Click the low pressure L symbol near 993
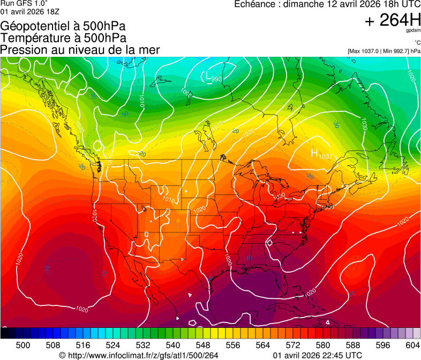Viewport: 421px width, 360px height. tap(208, 77)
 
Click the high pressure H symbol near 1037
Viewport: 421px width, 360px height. tap(315, 153)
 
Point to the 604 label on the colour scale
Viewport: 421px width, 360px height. tap(412, 344)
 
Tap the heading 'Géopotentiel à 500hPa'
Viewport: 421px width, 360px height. tap(63, 26)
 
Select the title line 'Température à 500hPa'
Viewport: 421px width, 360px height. tap(63, 38)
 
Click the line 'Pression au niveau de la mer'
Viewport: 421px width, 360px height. tap(80, 50)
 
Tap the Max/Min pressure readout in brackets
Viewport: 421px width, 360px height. tap(384, 51)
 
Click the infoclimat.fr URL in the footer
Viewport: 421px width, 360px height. tap(138, 355)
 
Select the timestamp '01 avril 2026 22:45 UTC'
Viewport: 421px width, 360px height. tap(317, 355)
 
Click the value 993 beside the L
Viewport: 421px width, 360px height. tap(217, 79)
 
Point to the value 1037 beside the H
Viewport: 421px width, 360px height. tap(326, 156)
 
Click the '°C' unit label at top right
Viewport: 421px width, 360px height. tap(417, 42)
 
